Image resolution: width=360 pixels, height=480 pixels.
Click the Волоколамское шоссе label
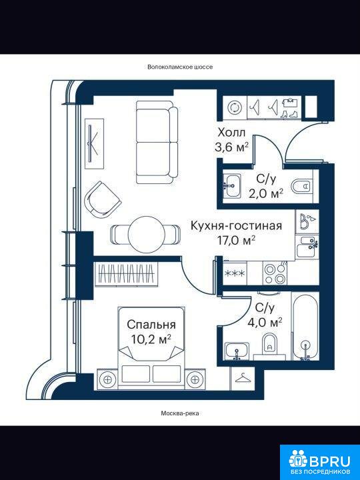pyautogui.click(x=180, y=67)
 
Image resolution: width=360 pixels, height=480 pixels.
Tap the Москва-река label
pyautogui.click(x=180, y=413)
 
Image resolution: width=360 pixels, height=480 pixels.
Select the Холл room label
pyautogui.click(x=231, y=133)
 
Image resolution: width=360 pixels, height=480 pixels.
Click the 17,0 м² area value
pyautogui.click(x=236, y=240)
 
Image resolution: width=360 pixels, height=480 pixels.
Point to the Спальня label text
pyautogui.click(x=151, y=325)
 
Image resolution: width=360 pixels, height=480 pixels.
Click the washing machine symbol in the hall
pyautogui.click(x=235, y=108)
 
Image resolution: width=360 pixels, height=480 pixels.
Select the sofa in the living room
pyautogui.click(x=157, y=143)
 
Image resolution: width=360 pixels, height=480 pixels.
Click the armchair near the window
pyautogui.click(x=103, y=198)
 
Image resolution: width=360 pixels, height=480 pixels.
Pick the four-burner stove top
pyautogui.click(x=275, y=274)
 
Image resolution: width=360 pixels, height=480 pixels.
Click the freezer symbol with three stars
pyautogui.click(x=235, y=273)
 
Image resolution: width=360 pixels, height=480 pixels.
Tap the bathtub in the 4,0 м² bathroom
pyautogui.click(x=305, y=326)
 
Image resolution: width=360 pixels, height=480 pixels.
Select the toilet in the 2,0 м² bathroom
pyautogui.click(x=301, y=186)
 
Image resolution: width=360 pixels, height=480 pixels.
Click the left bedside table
pyautogui.click(x=107, y=379)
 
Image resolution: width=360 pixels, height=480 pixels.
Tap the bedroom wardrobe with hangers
pyautogui.click(x=127, y=274)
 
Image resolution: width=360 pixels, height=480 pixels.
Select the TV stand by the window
pyautogui.click(x=94, y=144)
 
